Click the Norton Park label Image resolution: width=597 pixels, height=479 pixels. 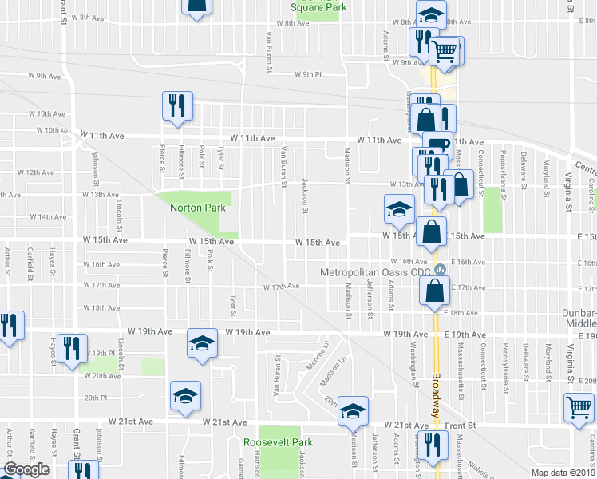198,208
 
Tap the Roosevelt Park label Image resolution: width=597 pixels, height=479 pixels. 278,441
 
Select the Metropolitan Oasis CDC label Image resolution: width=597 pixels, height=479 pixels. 375,273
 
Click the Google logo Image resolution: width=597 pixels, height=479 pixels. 26,469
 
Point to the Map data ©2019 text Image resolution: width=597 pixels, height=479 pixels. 563,473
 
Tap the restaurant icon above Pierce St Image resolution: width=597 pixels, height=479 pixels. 176,106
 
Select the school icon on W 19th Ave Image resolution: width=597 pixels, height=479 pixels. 202,343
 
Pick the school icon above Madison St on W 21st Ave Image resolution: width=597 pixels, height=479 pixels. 352,410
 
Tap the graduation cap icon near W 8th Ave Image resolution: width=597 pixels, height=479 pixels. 431,14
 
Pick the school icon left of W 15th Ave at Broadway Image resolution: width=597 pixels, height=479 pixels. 398,209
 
